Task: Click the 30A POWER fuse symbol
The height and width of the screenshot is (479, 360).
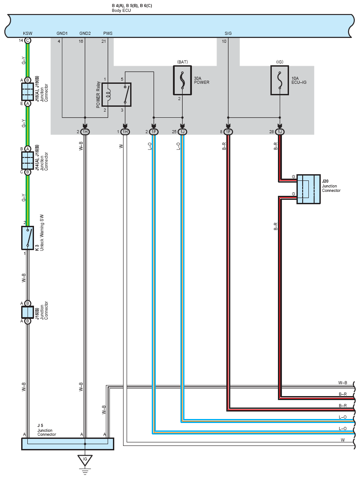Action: [183, 80]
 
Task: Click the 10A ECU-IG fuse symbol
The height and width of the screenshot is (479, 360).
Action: [280, 80]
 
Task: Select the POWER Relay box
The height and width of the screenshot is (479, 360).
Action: [116, 95]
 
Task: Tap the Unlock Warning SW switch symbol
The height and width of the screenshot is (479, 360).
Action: [27, 238]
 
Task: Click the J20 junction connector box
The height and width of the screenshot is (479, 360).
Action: [308, 189]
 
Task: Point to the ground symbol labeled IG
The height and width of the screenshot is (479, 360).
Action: [85, 460]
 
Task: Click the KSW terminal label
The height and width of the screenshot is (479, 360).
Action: [27, 33]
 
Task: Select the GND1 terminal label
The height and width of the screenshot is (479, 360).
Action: [62, 33]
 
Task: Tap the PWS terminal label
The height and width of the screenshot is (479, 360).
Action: [108, 33]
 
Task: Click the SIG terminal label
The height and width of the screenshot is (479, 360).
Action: [228, 33]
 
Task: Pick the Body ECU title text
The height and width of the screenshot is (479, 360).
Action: [121, 11]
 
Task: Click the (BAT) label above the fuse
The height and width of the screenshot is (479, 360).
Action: [183, 62]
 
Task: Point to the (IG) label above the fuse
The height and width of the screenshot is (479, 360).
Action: [280, 62]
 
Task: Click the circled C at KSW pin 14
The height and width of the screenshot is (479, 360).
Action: [27, 41]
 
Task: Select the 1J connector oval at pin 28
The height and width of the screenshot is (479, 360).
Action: [280, 132]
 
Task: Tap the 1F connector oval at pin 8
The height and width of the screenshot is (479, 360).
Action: [228, 132]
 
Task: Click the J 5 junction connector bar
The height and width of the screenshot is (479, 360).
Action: [67, 444]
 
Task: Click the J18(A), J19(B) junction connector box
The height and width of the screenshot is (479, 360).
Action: [27, 92]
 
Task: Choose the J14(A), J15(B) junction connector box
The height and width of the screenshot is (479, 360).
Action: [27, 161]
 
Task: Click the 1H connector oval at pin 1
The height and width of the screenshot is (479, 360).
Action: [125, 132]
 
